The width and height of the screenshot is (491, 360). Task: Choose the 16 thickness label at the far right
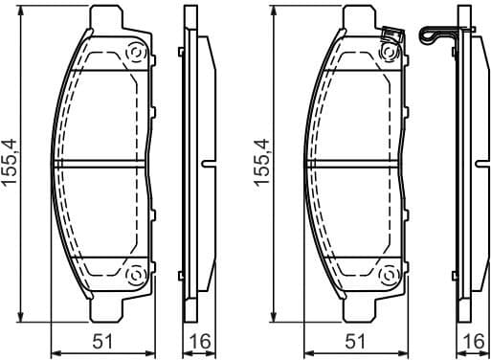pyautogui.click(x=472, y=340)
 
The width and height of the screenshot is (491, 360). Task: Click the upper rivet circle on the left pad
pyautogui.click(x=135, y=53)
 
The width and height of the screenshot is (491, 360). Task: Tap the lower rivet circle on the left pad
pyautogui.click(x=135, y=277)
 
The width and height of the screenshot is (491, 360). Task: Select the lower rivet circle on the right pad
pyautogui.click(x=391, y=277)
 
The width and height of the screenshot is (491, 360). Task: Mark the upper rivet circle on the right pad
pyautogui.click(x=391, y=54)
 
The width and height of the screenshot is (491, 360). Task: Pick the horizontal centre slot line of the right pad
pyautogui.click(x=358, y=165)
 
